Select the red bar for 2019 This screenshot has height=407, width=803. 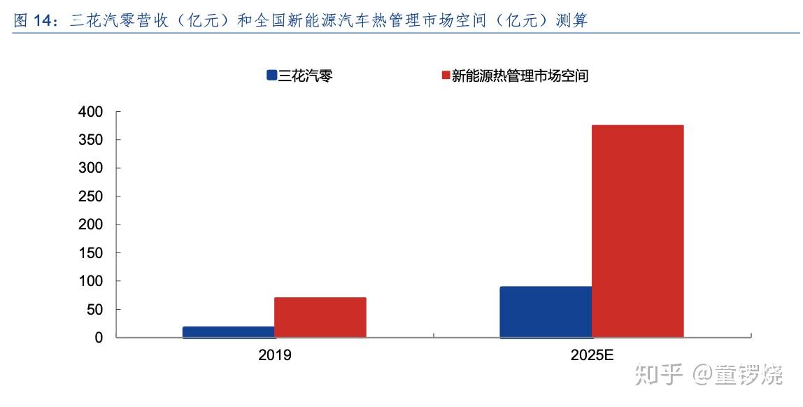click(320, 317)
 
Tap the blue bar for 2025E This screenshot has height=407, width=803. click(546, 312)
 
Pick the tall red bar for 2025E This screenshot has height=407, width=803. click(637, 231)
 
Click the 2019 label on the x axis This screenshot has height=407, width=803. click(274, 355)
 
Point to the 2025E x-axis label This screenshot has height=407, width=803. click(591, 355)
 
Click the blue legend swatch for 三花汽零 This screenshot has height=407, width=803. click(271, 76)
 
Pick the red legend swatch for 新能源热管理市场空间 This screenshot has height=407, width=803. click(443, 76)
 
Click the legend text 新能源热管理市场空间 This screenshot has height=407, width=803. click(520, 76)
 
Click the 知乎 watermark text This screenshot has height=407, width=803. click(657, 375)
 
